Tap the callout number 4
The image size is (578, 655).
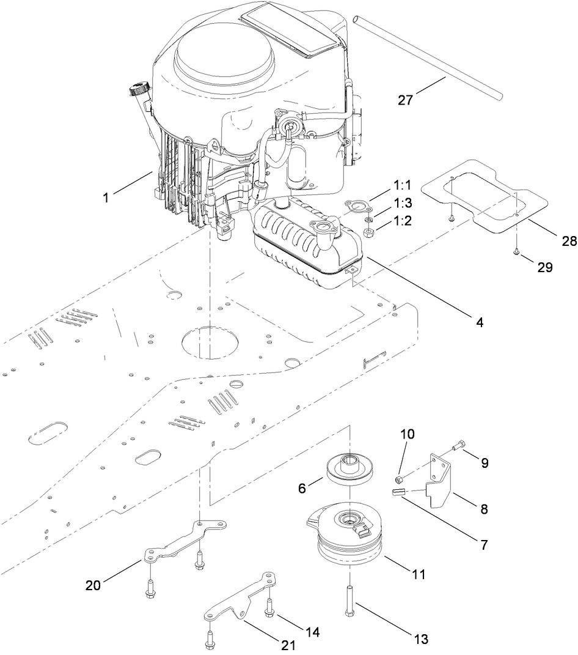480,322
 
